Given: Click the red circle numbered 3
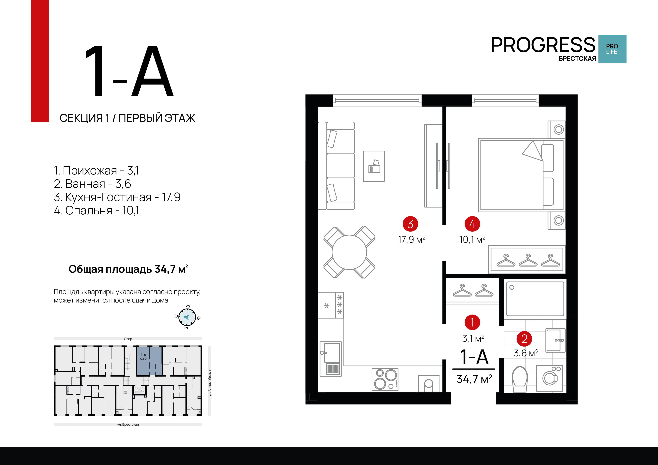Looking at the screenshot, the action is click(410, 224).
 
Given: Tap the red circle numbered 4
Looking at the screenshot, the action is click(472, 224).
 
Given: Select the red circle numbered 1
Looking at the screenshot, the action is click(472, 322).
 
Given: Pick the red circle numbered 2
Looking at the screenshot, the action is click(524, 339).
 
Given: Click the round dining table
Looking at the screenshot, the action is click(349, 252).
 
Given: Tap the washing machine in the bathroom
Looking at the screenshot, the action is click(550, 378).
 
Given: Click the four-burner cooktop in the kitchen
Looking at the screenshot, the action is click(385, 380).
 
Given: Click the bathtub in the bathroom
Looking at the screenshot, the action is click(535, 299).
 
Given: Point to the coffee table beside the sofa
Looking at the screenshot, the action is click(374, 166).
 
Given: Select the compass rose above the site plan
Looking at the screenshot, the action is click(187, 317).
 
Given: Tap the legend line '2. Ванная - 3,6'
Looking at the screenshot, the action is click(92, 184).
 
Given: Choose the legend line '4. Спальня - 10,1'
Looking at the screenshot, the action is click(96, 210).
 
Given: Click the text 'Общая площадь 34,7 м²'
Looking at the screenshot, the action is click(128, 269).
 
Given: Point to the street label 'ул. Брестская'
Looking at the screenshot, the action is click(128, 425).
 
